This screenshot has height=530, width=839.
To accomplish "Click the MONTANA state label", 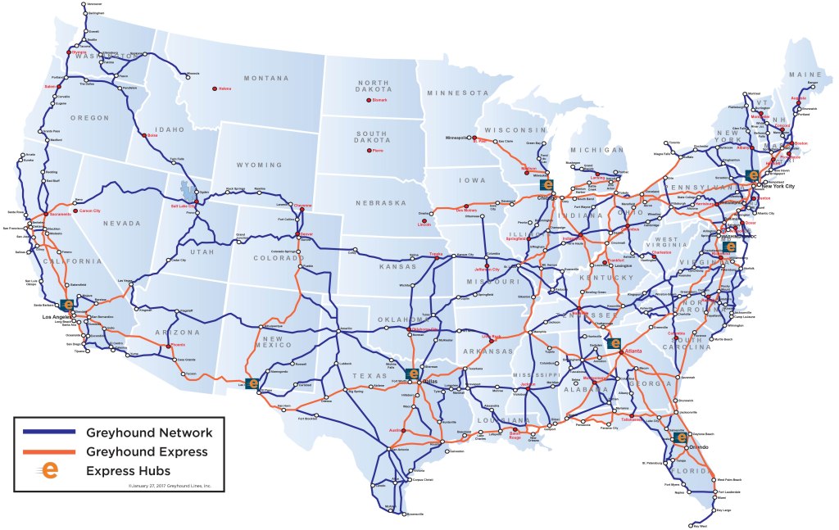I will tap(265, 78).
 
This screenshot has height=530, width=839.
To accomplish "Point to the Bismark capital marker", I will tap(366, 100).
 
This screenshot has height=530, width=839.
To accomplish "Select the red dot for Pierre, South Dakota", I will tap(366, 150).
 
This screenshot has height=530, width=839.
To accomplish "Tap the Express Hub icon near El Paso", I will tap(252, 383).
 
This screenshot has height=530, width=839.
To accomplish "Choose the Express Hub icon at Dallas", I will tap(413, 374).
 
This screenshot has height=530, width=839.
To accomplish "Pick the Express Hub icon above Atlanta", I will tap(615, 343).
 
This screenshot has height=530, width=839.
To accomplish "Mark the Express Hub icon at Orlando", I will tap(680, 437).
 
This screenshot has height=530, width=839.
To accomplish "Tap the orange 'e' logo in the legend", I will tap(51, 471).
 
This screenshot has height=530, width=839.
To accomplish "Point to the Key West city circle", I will tap(696, 523).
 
